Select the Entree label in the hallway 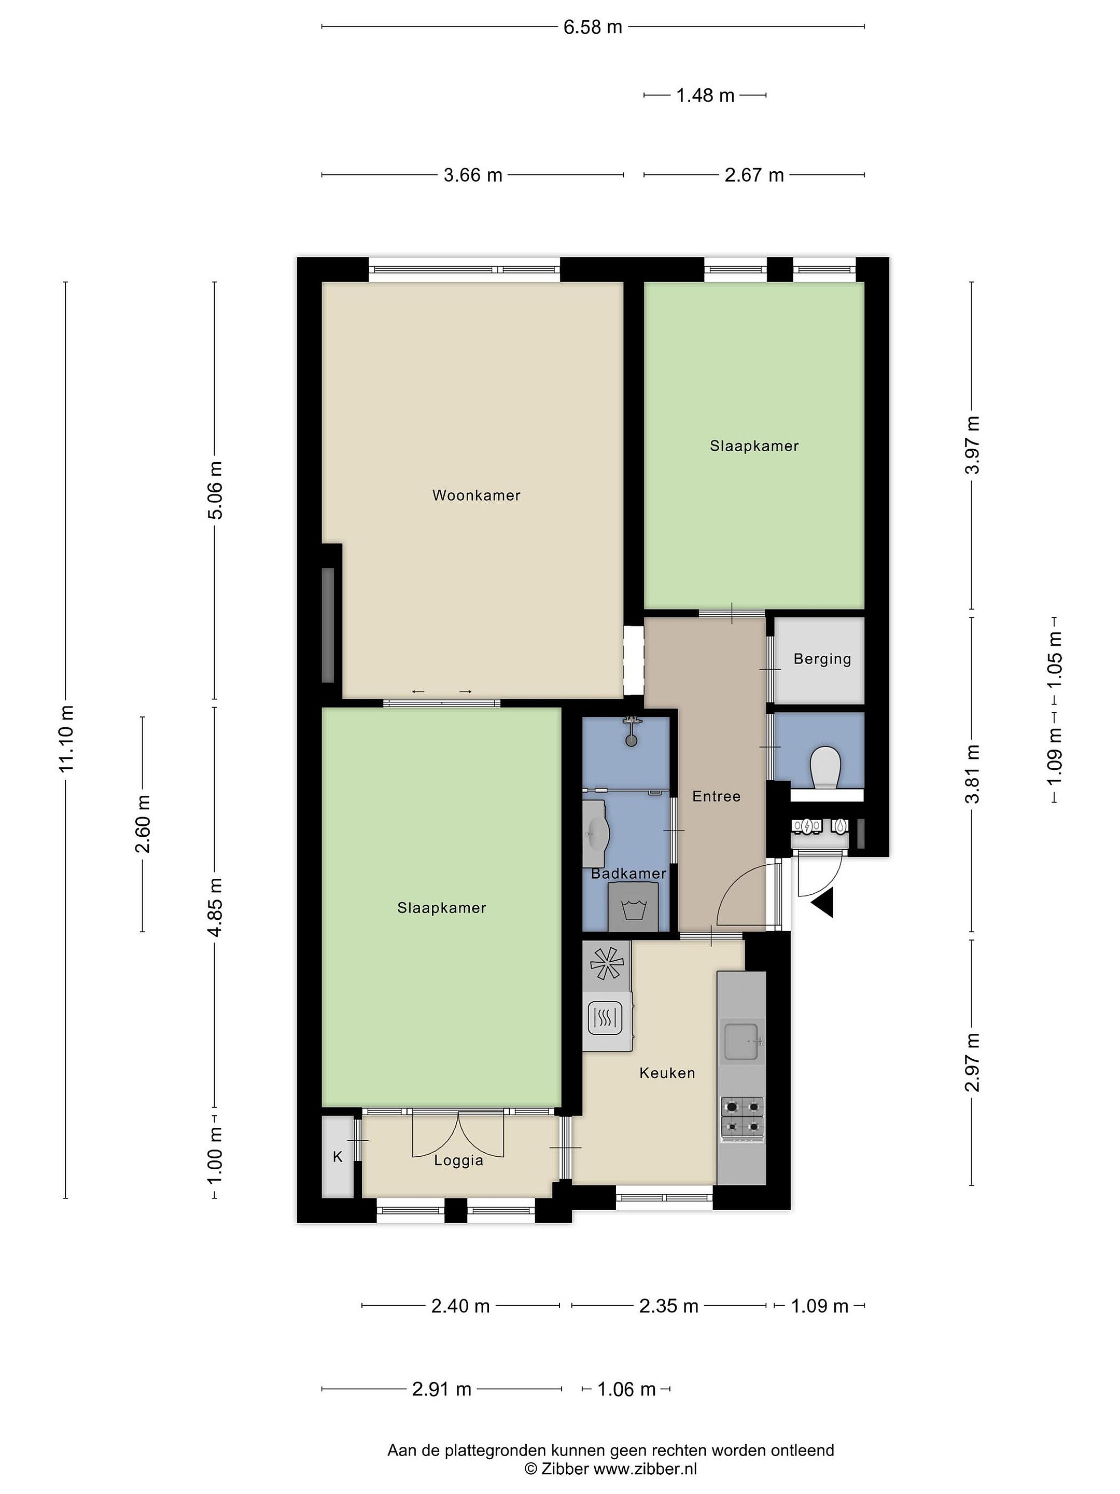pyautogui.click(x=716, y=796)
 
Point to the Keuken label pyautogui.click(x=667, y=1073)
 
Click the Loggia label pyautogui.click(x=458, y=1160)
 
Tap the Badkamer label pyautogui.click(x=628, y=873)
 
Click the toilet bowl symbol pyautogui.click(x=825, y=767)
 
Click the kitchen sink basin pyautogui.click(x=742, y=1042)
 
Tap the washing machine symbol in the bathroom pyautogui.click(x=633, y=906)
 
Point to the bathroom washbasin pyautogui.click(x=597, y=834)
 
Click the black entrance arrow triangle pyautogui.click(x=823, y=902)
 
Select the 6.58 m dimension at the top pyautogui.click(x=593, y=27)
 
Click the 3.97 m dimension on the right pyautogui.click(x=972, y=445)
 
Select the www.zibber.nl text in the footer pyautogui.click(x=645, y=1469)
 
